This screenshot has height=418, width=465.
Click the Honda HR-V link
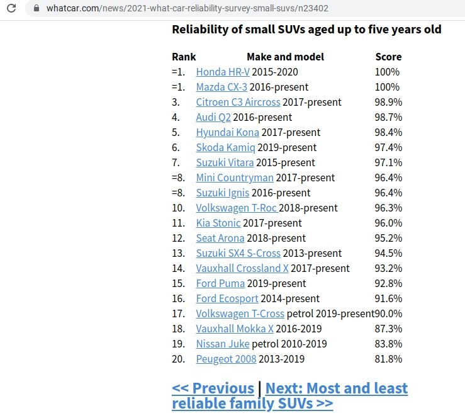coord(223,72)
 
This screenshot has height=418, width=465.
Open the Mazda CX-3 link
coord(222,87)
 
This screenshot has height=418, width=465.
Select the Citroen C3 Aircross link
coord(238,102)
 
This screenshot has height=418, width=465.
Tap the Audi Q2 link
coord(213,117)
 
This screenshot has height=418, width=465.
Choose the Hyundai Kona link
coord(227,132)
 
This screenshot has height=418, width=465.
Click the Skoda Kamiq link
coord(225,147)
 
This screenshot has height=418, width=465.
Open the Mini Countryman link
coord(235,178)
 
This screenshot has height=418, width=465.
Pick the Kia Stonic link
coord(218,223)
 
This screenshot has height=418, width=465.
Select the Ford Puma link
coord(220,283)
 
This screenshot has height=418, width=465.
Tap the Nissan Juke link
coord(223,344)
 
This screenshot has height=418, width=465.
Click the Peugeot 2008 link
coord(226,359)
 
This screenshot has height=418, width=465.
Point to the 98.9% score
coord(388,102)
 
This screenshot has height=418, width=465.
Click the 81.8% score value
coord(388,359)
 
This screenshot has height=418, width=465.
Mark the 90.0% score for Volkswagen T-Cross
coord(388,313)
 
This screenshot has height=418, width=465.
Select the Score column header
coord(388,57)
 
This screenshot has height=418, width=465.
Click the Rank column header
coord(184,57)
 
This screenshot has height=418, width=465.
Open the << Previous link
coord(213,388)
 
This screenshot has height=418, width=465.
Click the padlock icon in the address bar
coord(35,9)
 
